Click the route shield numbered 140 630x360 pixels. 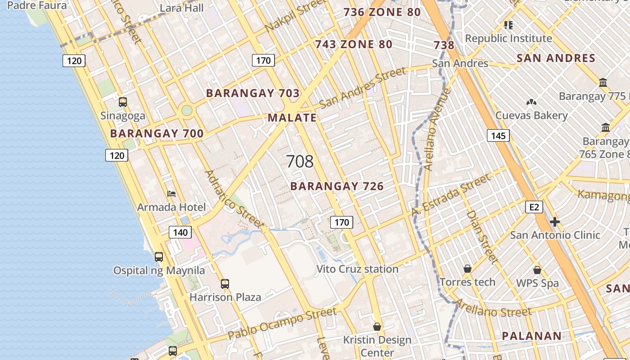click(x=180, y=232)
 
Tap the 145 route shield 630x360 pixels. click(x=498, y=135)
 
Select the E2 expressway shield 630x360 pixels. click(x=534, y=207)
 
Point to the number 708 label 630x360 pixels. click(x=300, y=162)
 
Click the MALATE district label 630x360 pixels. click(x=292, y=118)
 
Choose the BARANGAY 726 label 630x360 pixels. click(x=337, y=186)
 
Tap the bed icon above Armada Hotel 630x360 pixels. click(x=171, y=194)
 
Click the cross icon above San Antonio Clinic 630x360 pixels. click(x=555, y=222)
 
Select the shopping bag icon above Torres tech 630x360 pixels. click(x=468, y=269)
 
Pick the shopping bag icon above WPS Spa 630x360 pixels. click(x=537, y=270)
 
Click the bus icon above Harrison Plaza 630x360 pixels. click(x=225, y=284)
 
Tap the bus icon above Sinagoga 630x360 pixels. click(x=123, y=102)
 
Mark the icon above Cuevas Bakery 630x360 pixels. click(x=531, y=102)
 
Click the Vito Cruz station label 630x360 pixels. click(x=357, y=269)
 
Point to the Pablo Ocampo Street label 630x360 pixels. click(x=282, y=324)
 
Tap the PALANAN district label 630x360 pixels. click(x=531, y=336)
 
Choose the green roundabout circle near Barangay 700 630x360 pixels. click(x=186, y=110)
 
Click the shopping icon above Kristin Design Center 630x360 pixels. click(x=377, y=326)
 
